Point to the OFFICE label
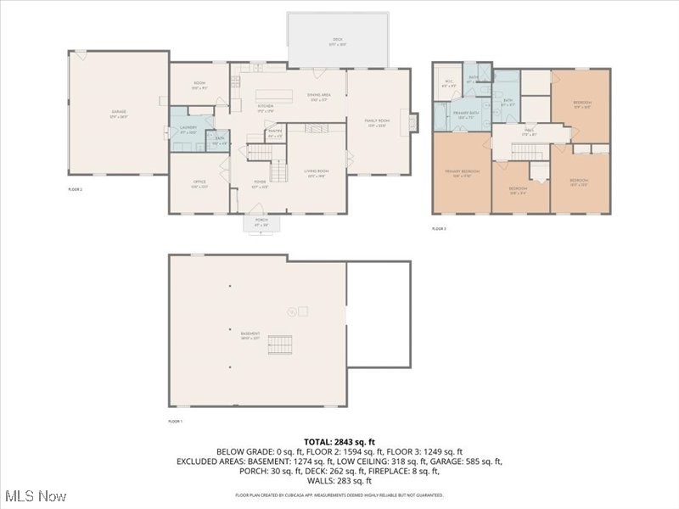point(199,184)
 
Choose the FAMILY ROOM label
point(376,123)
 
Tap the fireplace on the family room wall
point(413,122)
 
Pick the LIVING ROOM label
point(317,173)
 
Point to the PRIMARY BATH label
point(463,115)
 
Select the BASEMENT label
point(250,335)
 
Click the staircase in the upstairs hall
point(526,151)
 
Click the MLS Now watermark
point(36,495)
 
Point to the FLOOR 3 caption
point(439,229)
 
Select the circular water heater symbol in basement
point(291,311)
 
